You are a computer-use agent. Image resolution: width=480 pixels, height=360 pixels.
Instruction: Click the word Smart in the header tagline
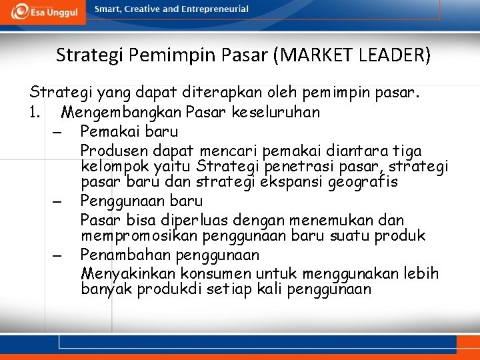click(x=108, y=9)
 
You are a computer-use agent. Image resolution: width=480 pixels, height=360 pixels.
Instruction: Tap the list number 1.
click(x=35, y=111)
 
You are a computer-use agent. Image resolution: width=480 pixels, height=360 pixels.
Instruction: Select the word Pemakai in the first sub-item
click(x=110, y=131)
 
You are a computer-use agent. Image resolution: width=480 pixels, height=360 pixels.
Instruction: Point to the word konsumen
click(x=203, y=273)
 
